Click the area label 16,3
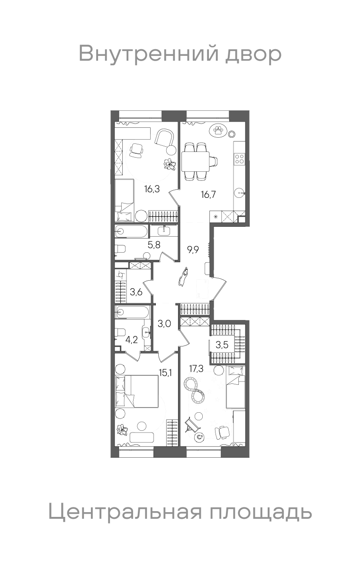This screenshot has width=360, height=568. pos(152,189)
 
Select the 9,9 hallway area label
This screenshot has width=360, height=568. pos(193,249)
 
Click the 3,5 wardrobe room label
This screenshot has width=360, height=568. pos(222,345)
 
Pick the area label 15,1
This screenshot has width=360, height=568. pos(165,373)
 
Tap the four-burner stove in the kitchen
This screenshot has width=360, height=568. pos(240,159)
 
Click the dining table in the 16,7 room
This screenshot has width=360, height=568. pos(195,161)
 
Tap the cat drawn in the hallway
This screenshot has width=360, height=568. pos(183,276)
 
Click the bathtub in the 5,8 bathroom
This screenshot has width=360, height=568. pos(131,231)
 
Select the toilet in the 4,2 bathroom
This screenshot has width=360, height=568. pos(120,332)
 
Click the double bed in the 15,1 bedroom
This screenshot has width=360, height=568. pos(136,391)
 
